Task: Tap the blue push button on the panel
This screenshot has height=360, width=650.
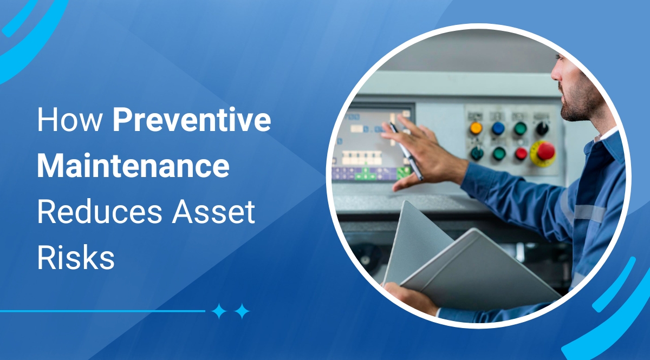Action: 498,129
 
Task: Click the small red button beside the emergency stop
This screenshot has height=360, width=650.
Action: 521,154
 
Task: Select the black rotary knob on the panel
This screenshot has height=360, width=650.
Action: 542,128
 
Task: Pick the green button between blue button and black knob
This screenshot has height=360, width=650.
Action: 520,129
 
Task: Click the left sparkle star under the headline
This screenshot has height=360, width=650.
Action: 219,311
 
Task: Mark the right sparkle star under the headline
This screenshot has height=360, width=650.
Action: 242,311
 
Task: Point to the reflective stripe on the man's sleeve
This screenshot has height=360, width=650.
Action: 588,213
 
